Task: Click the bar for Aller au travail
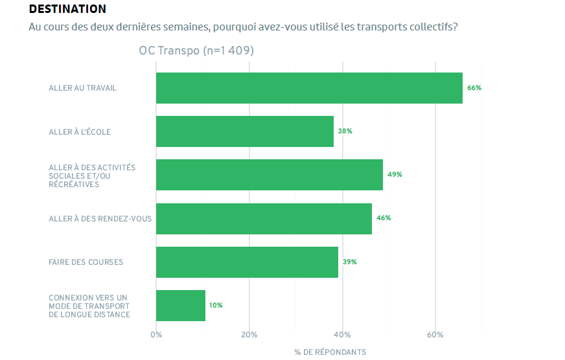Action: tap(309, 88)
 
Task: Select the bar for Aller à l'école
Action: tap(245, 131)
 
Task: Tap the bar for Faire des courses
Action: tap(247, 262)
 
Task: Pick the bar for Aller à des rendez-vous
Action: tap(264, 219)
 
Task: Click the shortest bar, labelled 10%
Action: tap(181, 306)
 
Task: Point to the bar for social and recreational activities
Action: tap(270, 175)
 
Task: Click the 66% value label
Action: tap(474, 88)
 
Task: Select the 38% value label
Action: tap(345, 131)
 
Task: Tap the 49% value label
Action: tap(395, 175)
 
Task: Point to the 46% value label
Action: tap(384, 218)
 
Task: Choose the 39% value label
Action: tap(350, 262)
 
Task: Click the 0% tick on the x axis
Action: tap(156, 335)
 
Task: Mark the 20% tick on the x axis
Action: tap(249, 335)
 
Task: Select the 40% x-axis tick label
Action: tap(342, 335)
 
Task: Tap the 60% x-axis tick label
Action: tap(435, 335)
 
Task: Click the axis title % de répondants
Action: tap(330, 352)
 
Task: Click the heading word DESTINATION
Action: tap(67, 9)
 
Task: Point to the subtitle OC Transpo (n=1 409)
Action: tap(196, 51)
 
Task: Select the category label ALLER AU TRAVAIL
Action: tap(83, 88)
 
